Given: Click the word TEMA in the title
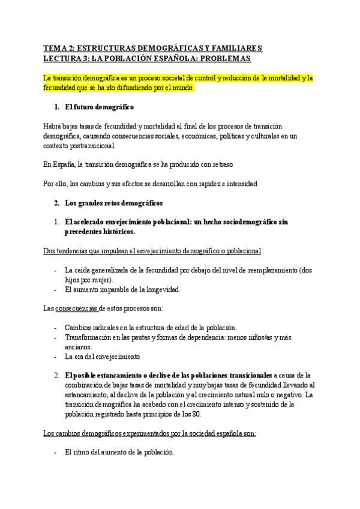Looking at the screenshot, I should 55,49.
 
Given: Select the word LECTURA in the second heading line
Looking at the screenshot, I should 62,59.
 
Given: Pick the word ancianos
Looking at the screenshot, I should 78,346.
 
